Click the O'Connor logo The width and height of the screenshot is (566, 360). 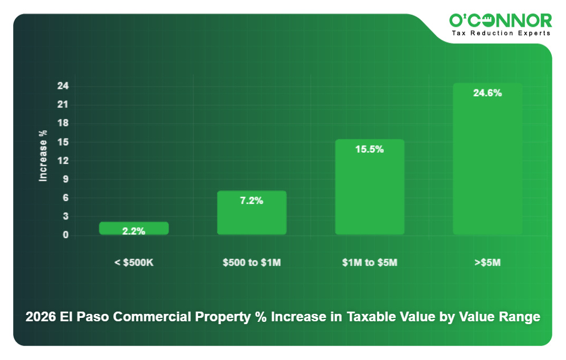click(x=500, y=21)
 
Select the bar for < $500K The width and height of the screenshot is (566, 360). click(x=134, y=227)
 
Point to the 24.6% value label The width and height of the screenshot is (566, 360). click(x=487, y=93)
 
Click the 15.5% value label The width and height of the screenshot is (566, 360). click(x=370, y=149)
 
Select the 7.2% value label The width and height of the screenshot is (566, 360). click(x=252, y=201)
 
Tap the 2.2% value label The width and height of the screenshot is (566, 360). click(x=134, y=231)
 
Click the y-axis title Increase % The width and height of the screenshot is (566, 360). click(x=43, y=156)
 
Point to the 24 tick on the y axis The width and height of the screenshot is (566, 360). click(x=63, y=86)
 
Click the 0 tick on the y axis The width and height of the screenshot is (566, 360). click(x=65, y=235)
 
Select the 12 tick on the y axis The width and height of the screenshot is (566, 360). click(x=63, y=161)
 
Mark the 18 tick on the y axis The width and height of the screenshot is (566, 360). click(x=63, y=124)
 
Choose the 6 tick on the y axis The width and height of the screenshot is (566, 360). click(x=65, y=198)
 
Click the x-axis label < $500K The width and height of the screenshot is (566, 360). click(x=134, y=263)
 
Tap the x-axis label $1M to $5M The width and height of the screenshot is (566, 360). click(x=370, y=263)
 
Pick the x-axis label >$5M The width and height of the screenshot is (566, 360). click(x=487, y=263)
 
